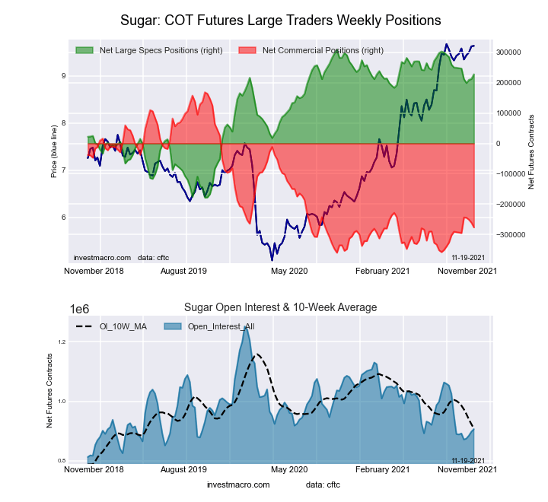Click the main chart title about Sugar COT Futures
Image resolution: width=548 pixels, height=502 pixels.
point(280,19)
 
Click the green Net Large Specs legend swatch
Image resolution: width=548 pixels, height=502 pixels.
point(84,50)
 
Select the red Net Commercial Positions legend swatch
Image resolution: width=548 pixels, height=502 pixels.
point(247,50)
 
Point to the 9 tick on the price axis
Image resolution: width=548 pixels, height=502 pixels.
point(63,75)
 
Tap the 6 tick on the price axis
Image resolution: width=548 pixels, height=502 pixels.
point(63,218)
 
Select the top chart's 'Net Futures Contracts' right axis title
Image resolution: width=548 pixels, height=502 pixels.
point(531,152)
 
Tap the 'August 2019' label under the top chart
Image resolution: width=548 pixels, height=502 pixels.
point(186,271)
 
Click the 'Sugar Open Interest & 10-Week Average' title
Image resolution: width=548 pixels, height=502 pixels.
point(280,307)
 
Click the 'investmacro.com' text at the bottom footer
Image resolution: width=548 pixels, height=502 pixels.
point(238,485)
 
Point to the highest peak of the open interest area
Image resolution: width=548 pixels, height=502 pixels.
point(245,328)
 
